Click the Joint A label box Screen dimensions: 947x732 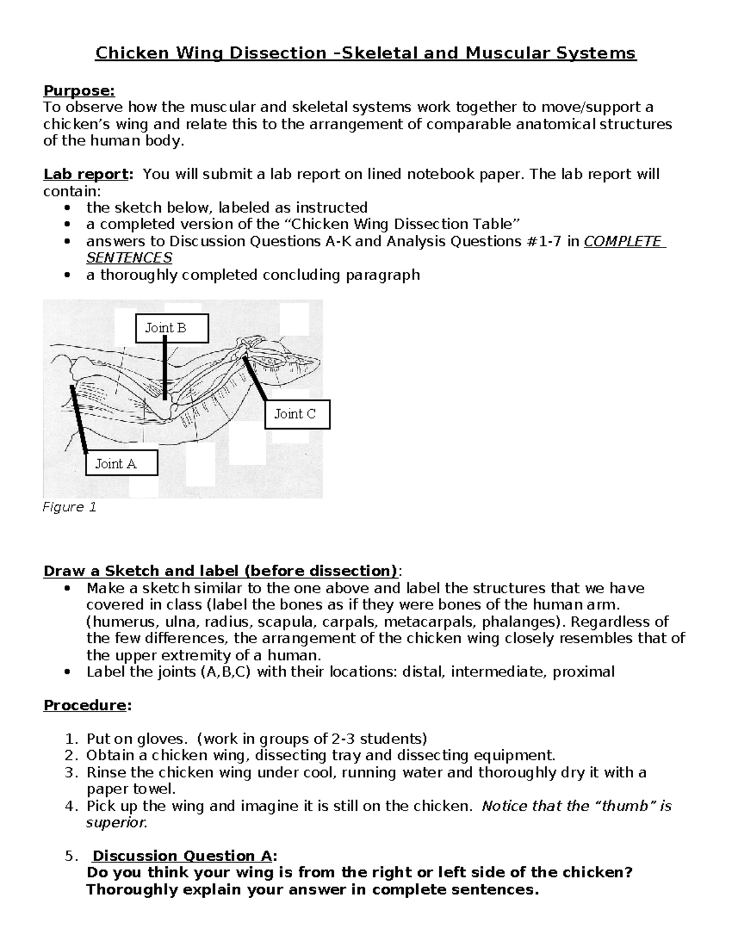[122, 463]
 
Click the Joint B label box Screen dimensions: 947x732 [172, 328]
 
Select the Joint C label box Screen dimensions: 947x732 [298, 415]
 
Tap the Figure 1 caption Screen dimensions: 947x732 [69, 507]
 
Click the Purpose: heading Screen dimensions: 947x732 [79, 91]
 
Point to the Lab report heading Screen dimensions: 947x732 [86, 174]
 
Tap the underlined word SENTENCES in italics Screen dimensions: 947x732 [129, 258]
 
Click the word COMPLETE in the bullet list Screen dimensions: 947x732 [623, 241]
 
